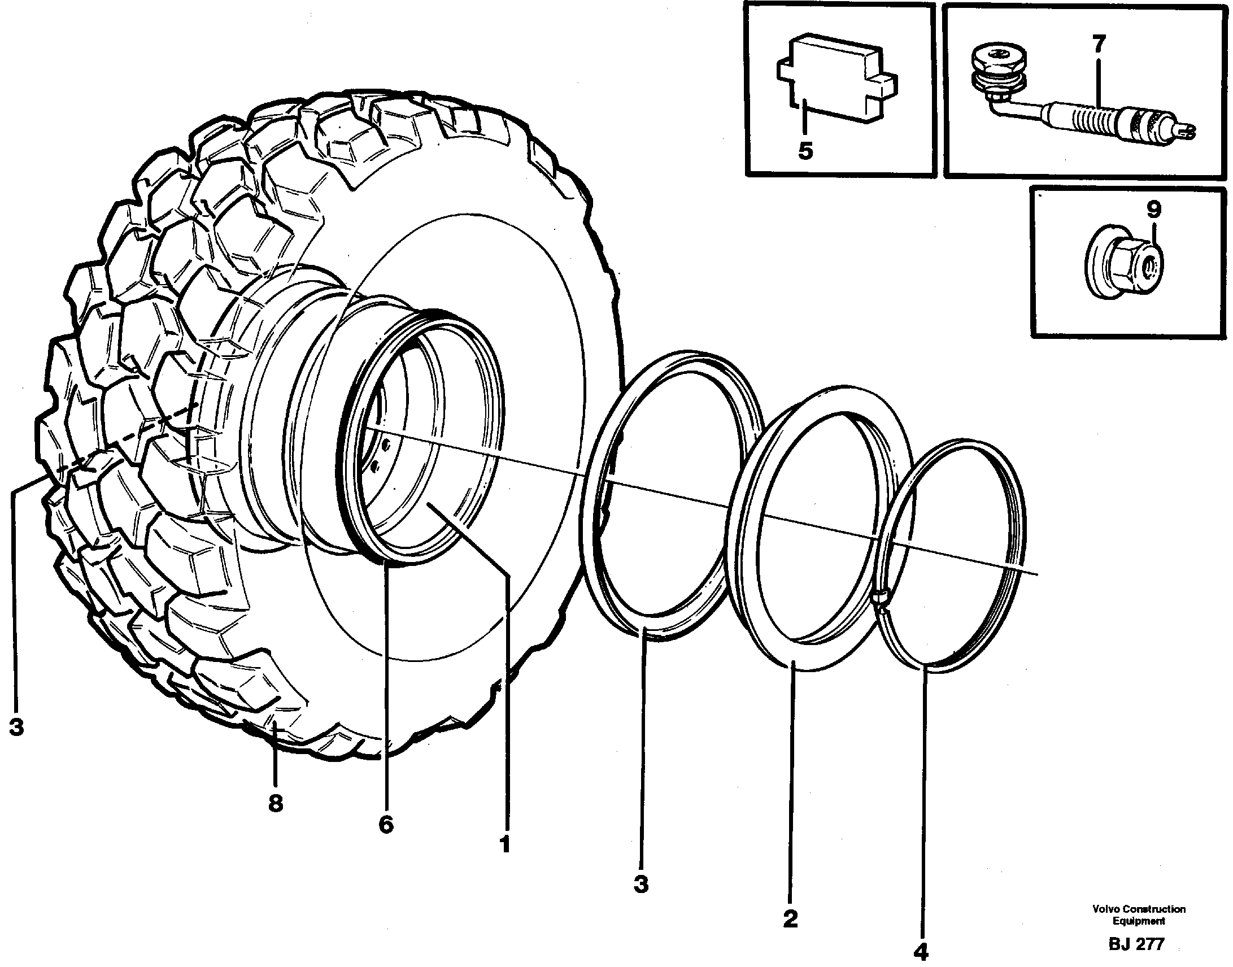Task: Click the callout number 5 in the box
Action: click(x=805, y=151)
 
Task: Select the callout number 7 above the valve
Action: click(x=1098, y=44)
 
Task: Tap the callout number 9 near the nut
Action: click(x=1154, y=210)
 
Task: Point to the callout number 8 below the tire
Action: click(x=275, y=803)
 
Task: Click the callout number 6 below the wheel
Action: click(x=386, y=825)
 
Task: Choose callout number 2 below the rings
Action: click(x=790, y=918)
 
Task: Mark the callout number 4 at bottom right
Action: click(x=922, y=951)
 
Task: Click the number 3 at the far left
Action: click(x=16, y=726)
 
